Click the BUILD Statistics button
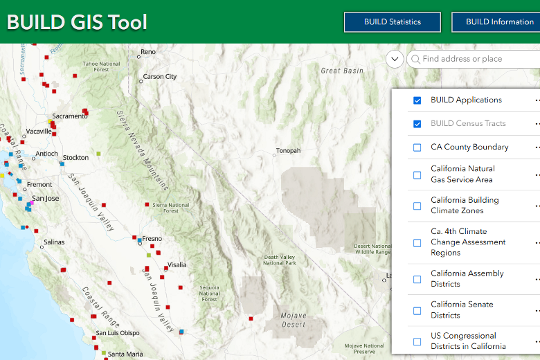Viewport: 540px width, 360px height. coord(392,22)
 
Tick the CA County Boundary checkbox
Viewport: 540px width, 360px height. coord(417,147)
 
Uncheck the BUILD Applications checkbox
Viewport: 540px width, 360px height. coord(417,100)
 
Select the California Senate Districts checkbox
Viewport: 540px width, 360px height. coord(417,310)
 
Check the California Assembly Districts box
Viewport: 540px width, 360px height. coord(417,279)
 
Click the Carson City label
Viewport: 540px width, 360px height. coord(160,77)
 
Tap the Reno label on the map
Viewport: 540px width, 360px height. coord(148,52)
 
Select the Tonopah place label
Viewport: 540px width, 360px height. coord(289,151)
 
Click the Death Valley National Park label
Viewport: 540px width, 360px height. coord(280,260)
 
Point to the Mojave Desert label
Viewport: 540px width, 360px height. coord(294,319)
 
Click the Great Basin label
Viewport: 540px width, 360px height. coord(341,71)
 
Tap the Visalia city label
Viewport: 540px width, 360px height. coord(177,265)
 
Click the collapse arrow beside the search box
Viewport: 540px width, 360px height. coord(395,59)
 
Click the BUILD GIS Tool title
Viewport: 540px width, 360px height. coord(77,22)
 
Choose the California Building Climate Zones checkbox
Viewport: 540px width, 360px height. coord(417,206)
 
